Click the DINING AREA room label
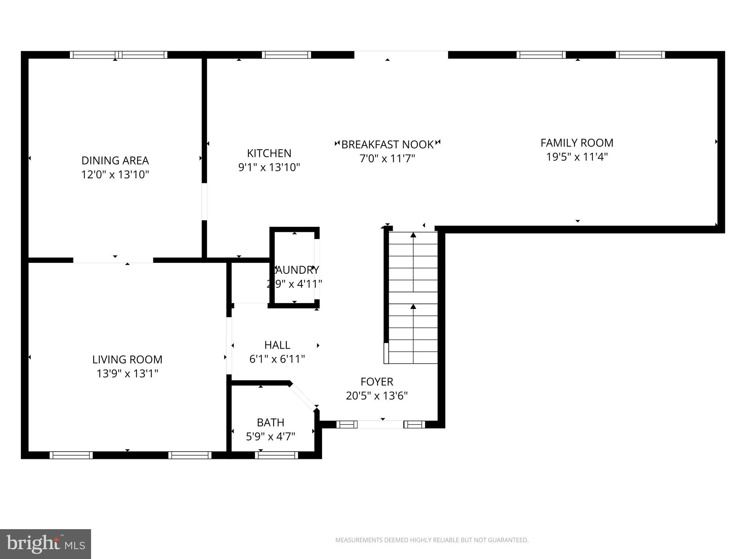pos(115,160)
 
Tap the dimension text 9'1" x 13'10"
pos(269,167)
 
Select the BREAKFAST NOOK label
pos(387,144)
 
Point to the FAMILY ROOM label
pos(577,143)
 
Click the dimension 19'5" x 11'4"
pos(577,157)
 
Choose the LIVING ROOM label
pos(127,360)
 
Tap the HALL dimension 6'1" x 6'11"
pos(277,359)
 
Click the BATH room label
pos(270,423)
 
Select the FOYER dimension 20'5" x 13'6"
pos(377,396)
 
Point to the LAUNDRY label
pos(296,270)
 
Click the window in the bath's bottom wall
pos(276,455)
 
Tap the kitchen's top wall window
pos(286,55)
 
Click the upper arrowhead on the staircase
pos(413,235)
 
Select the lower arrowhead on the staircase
pos(413,307)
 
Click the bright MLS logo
pos(46,544)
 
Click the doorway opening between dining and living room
pos(113,260)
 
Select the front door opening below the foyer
pos(380,424)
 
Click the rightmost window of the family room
pos(640,55)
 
